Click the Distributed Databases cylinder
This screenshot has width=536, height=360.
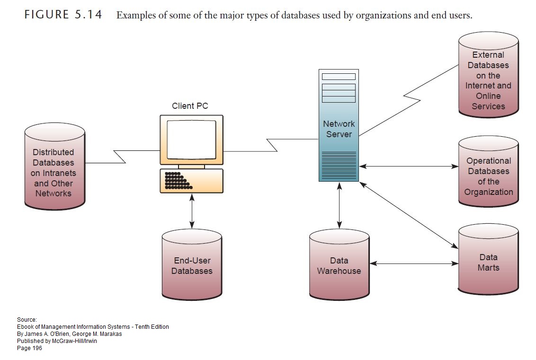[x=55, y=167]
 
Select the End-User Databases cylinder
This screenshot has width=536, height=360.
[x=192, y=265]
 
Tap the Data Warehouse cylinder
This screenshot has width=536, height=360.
[x=339, y=265]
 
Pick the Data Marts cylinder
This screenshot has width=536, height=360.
[x=488, y=259]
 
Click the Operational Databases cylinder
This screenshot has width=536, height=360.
[x=488, y=171]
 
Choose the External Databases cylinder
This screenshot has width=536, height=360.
[x=488, y=75]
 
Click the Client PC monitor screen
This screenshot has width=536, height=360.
[x=191, y=140]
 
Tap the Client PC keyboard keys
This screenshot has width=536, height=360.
[x=178, y=181]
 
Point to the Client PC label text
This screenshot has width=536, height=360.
[x=190, y=106]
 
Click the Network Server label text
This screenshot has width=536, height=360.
[x=339, y=129]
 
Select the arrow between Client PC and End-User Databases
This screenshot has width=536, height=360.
[x=192, y=211]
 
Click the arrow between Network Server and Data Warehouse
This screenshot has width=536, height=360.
[x=339, y=205]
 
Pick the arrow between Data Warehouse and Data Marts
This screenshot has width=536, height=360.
[x=414, y=263]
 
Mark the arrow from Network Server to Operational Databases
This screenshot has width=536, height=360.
[x=409, y=167]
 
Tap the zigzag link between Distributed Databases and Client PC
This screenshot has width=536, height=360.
[x=122, y=157]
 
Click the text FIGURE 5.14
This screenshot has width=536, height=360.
[x=63, y=15]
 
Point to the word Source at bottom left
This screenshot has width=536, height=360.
[x=27, y=320]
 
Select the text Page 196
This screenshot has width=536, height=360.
[x=29, y=348]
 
